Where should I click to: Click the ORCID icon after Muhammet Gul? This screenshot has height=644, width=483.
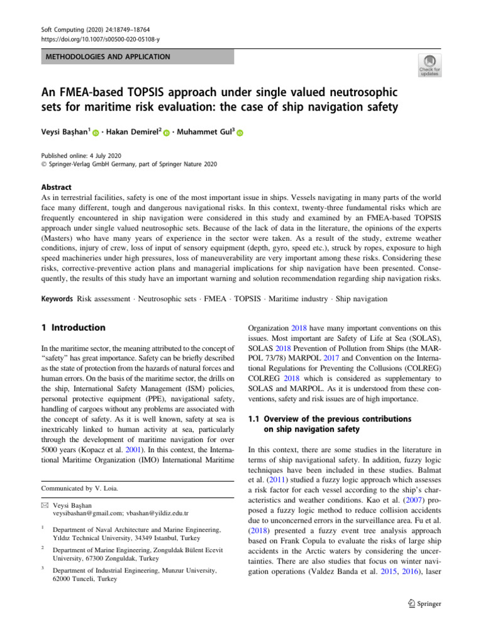(240, 134)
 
